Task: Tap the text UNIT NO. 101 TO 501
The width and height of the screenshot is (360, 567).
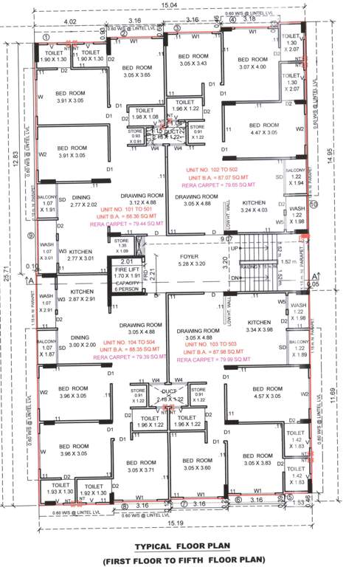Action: point(136,209)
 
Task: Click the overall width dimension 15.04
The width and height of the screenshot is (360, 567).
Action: point(168,5)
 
